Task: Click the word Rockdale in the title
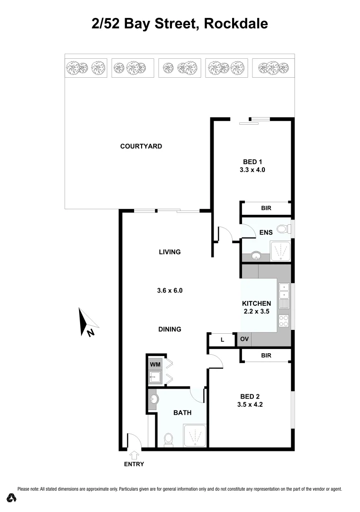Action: coord(236,23)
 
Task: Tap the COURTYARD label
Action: coord(141,146)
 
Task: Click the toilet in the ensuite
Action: coord(283,229)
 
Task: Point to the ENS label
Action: coord(265,232)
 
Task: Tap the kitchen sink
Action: coord(284,294)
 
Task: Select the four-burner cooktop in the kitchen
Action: coord(284,320)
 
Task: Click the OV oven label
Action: coord(244,339)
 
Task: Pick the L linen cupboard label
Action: coord(222,339)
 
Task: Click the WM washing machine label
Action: coord(155,364)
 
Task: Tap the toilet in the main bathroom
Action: coord(168,440)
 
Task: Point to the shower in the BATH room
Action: coord(194,435)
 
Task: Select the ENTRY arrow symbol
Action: coord(134,455)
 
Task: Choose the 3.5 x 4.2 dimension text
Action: coord(250,405)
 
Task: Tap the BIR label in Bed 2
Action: coord(266,355)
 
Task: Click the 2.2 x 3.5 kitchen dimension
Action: coord(256,311)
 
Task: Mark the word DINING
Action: coord(170,329)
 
